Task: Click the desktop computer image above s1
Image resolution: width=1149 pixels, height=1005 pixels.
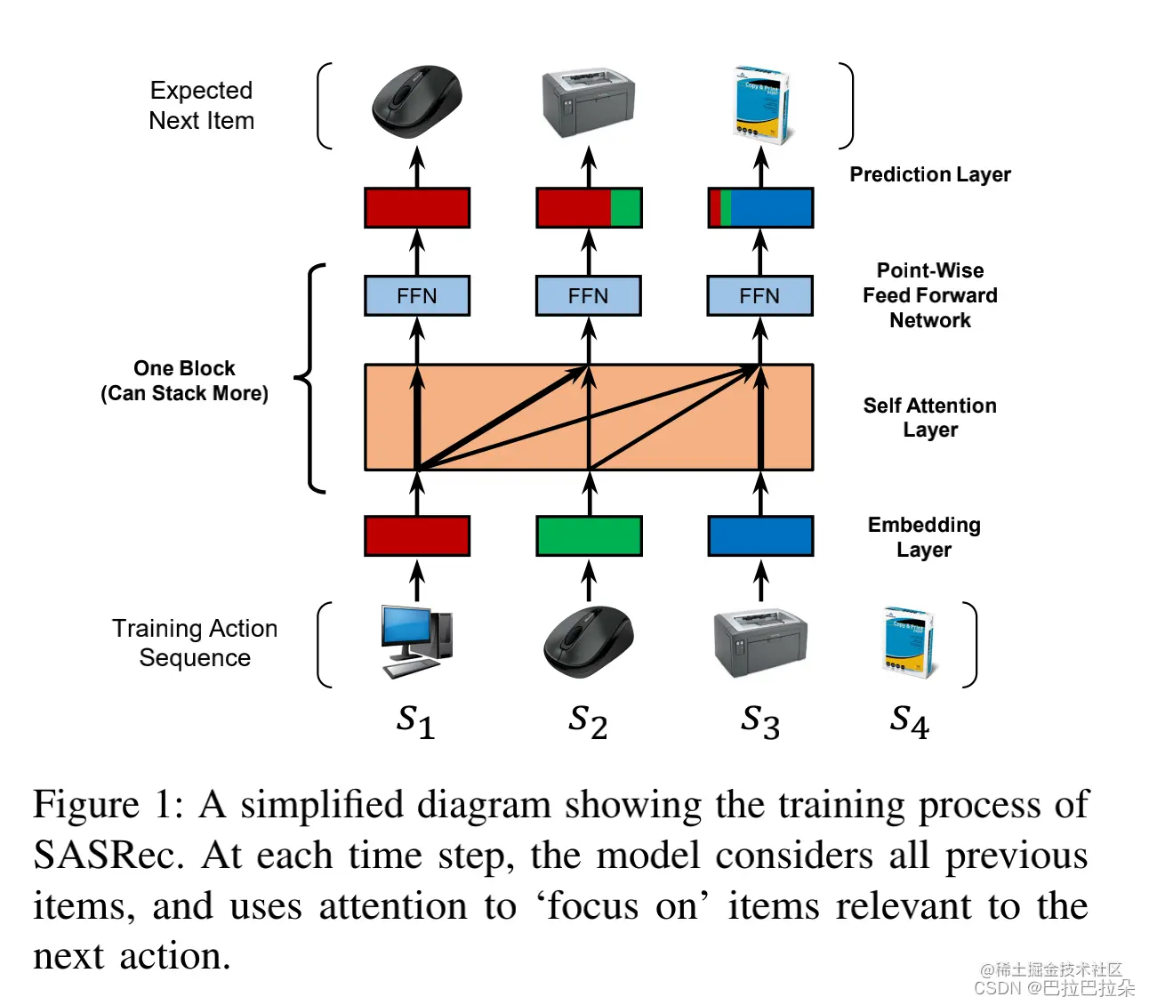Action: pyautogui.click(x=416, y=641)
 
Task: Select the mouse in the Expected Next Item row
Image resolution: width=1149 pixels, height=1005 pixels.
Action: pyautogui.click(x=416, y=100)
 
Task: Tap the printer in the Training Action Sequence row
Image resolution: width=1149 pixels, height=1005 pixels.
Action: pyautogui.click(x=760, y=643)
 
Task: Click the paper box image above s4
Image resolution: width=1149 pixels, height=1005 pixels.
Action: pyautogui.click(x=909, y=642)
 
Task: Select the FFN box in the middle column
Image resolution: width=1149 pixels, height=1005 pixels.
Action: pyautogui.click(x=588, y=296)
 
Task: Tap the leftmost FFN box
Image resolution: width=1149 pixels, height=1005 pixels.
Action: pyautogui.click(x=417, y=296)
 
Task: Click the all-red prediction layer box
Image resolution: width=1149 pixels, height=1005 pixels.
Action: pyautogui.click(x=417, y=208)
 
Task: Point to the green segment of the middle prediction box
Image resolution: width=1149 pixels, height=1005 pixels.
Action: pyautogui.click(x=625, y=208)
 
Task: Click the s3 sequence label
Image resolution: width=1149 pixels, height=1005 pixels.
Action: pyautogui.click(x=760, y=720)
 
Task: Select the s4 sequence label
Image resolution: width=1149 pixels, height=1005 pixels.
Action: pyautogui.click(x=909, y=720)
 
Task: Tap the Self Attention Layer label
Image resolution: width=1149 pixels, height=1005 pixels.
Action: pyautogui.click(x=929, y=417)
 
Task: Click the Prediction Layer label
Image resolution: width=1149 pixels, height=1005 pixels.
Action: pyautogui.click(x=929, y=174)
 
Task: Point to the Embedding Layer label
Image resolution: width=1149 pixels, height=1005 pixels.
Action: pyautogui.click(x=924, y=536)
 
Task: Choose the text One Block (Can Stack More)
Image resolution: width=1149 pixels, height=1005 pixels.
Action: pyautogui.click(x=184, y=381)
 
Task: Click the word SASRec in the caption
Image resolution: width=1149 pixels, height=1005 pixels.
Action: pyautogui.click(x=107, y=856)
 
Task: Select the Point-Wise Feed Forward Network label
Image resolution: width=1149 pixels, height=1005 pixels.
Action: pyautogui.click(x=929, y=295)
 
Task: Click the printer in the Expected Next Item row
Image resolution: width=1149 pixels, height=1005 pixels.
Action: pyautogui.click(x=588, y=104)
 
